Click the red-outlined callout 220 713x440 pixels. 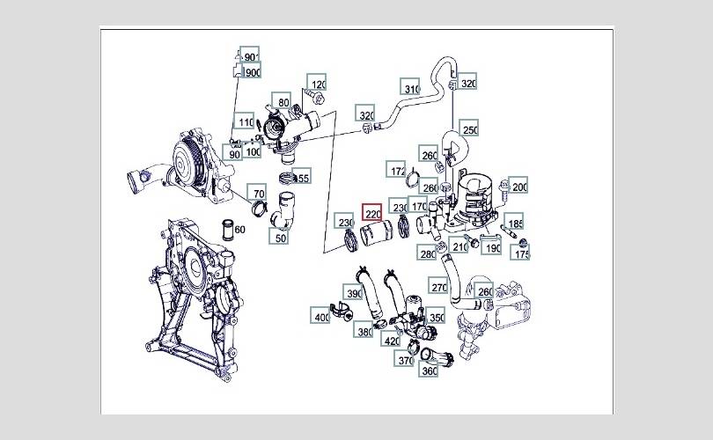click(x=372, y=213)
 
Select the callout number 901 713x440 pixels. click(x=250, y=55)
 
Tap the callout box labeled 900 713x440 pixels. click(x=252, y=71)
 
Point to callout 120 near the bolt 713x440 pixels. click(x=317, y=83)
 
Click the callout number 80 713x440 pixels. click(x=282, y=101)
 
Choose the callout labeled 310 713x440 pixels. click(x=410, y=87)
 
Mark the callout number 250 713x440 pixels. click(x=469, y=128)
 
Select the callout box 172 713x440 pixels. click(x=396, y=170)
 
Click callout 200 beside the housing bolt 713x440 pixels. click(x=518, y=186)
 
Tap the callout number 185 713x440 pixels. click(x=514, y=223)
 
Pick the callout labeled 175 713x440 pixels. click(x=520, y=253)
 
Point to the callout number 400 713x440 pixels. click(x=320, y=315)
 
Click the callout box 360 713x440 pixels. click(x=429, y=370)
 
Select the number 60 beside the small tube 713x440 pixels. click(x=239, y=230)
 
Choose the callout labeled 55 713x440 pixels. click(x=301, y=176)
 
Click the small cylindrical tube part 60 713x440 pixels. click(x=226, y=230)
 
